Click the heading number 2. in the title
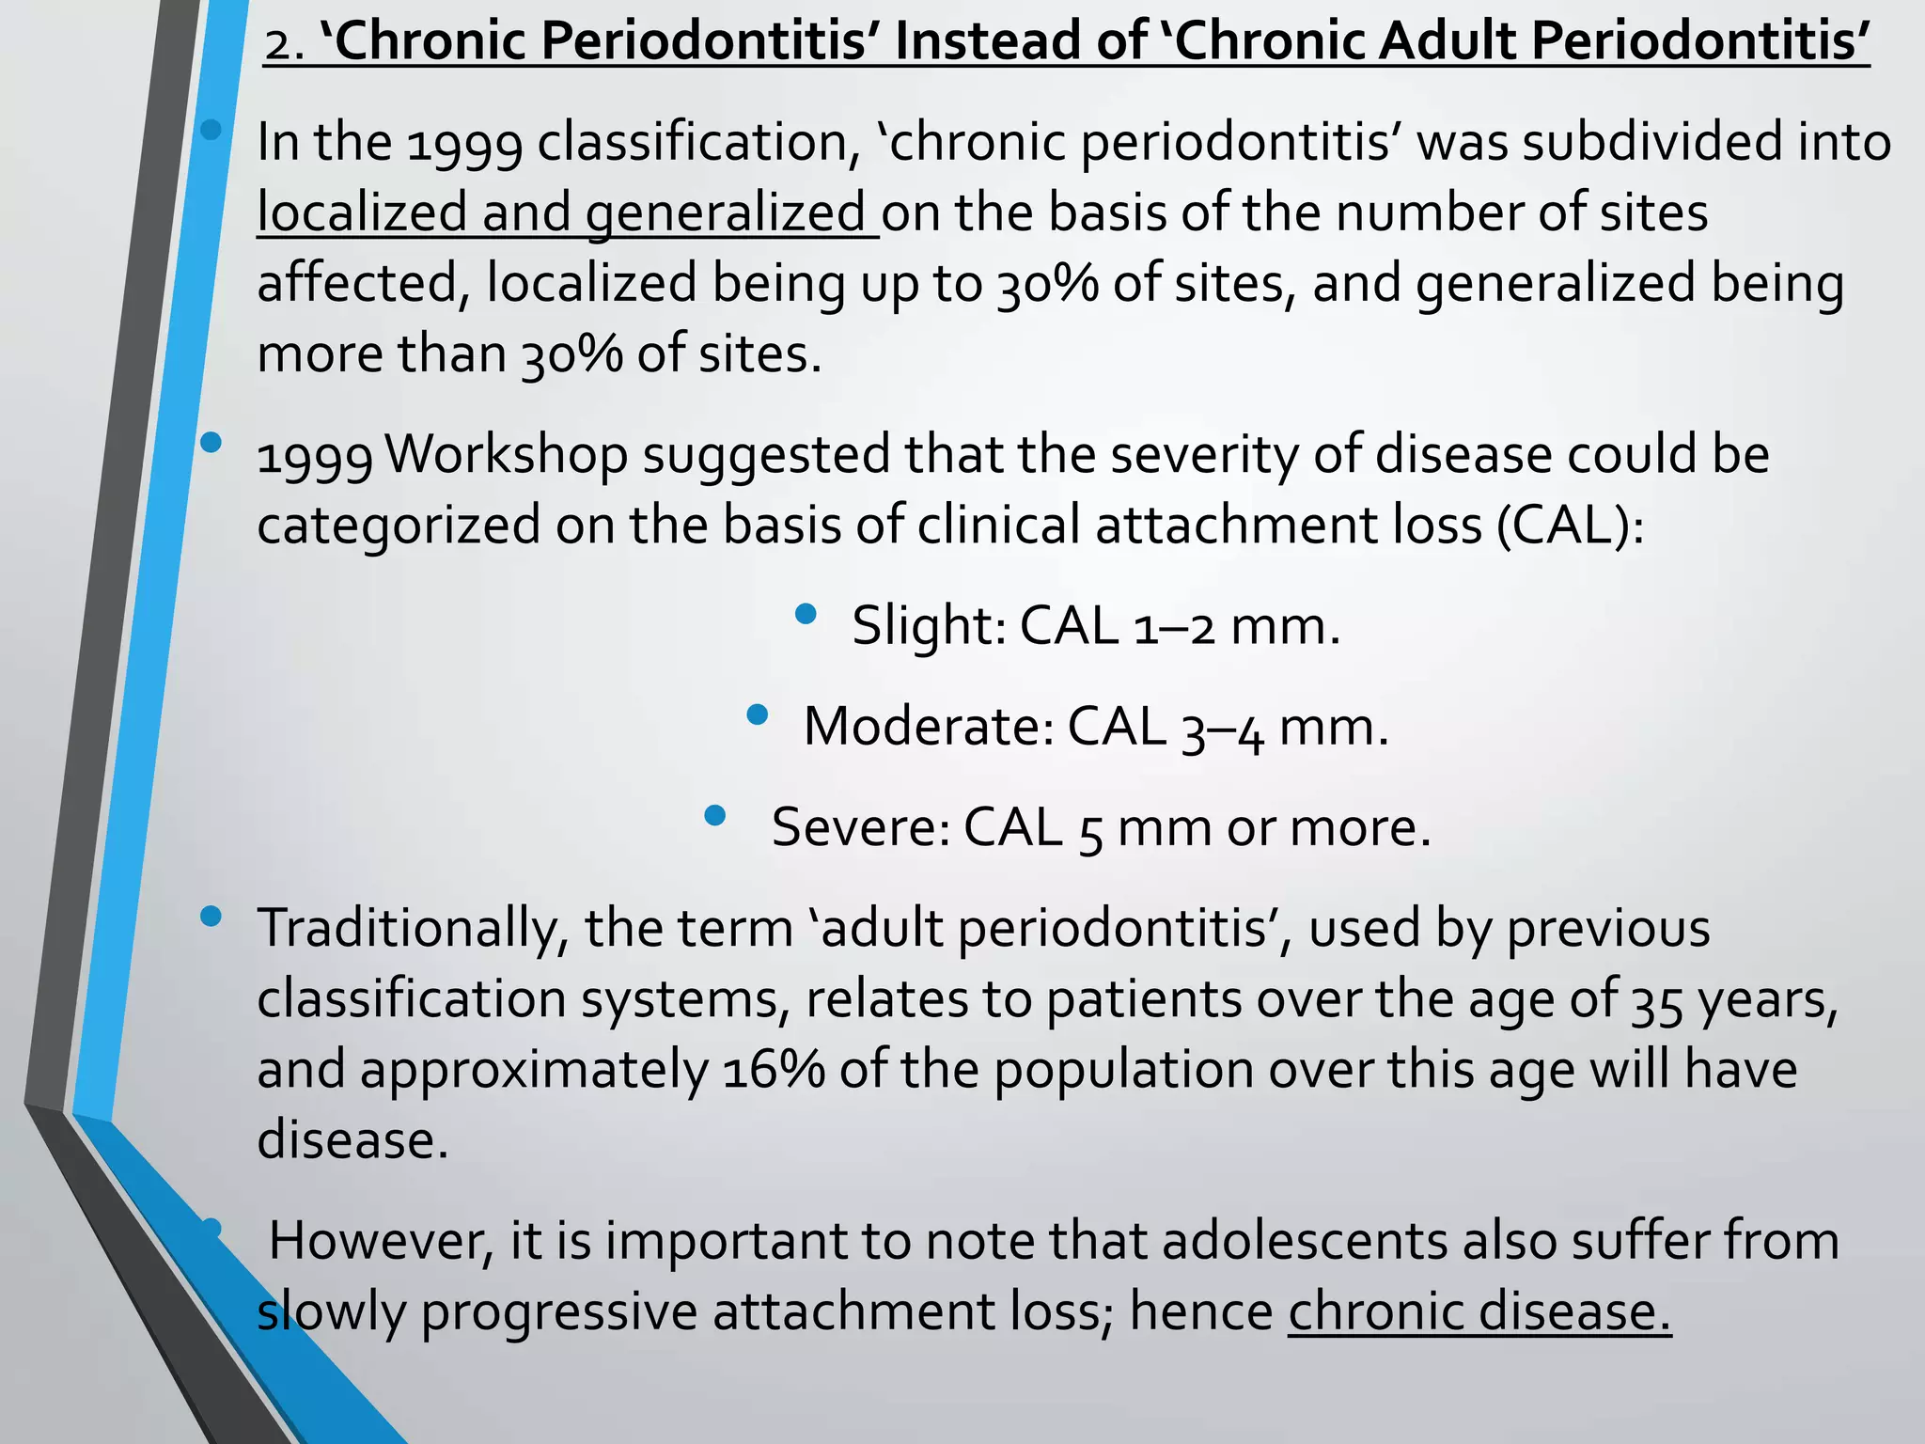pos(284,44)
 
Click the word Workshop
pos(507,455)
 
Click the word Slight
pos(929,625)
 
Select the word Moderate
pos(929,727)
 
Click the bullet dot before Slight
pos(806,615)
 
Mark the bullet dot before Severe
pos(714,815)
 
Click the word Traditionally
pos(412,929)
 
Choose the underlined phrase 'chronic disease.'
pos(1479,1312)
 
